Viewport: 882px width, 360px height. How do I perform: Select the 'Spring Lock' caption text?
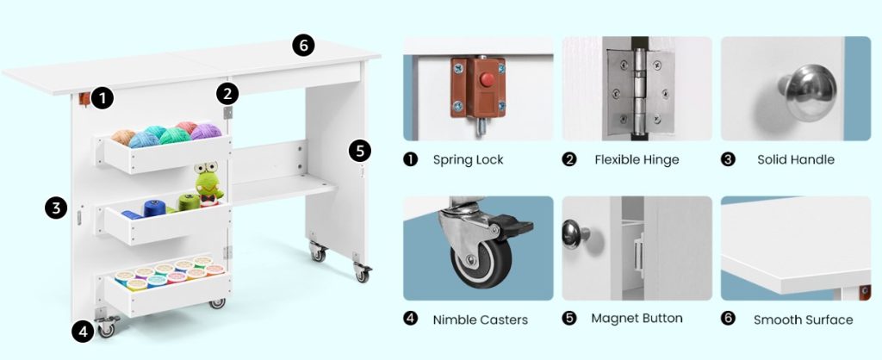(468, 159)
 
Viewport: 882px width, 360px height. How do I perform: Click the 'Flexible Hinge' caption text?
(637, 159)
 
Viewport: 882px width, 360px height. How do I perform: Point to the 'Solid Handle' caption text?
(795, 159)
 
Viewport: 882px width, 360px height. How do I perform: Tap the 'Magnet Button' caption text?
(637, 319)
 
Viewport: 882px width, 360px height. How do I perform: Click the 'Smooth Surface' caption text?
(803, 320)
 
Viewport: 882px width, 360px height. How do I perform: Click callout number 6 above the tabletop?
(303, 46)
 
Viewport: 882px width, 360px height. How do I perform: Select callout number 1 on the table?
(102, 98)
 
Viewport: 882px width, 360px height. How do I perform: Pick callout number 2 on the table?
(227, 92)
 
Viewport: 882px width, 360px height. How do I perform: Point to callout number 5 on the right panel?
(360, 150)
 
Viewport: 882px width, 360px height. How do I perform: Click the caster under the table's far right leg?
(362, 273)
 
